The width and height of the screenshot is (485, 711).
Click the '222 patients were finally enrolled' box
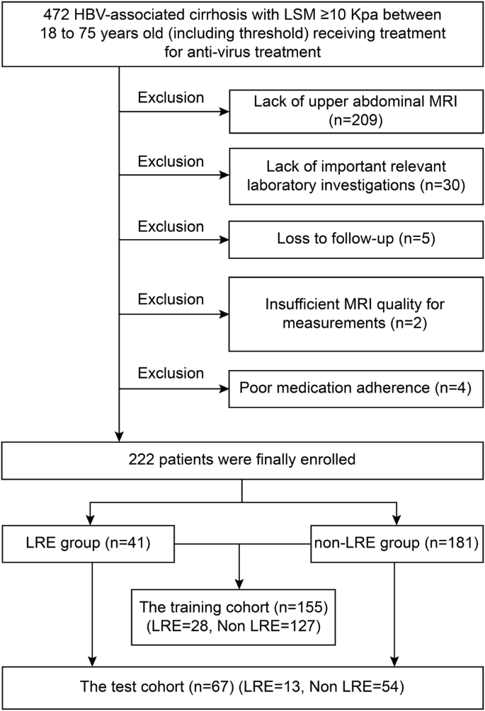[243, 459]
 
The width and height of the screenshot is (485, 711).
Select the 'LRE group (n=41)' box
[88, 544]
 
